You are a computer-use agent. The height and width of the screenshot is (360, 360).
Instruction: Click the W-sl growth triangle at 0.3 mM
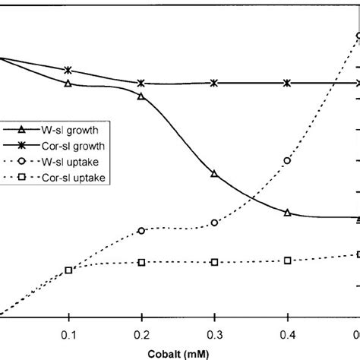[x=214, y=174]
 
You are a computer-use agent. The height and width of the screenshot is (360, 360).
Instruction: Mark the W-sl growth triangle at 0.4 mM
[x=287, y=213]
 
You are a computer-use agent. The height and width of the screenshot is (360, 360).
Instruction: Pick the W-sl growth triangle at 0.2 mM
[x=141, y=96]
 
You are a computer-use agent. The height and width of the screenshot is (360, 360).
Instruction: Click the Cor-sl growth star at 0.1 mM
[x=68, y=70]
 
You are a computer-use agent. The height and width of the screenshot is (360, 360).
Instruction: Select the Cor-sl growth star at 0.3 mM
[x=214, y=83]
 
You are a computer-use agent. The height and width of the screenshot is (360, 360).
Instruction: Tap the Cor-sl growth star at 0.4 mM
[x=287, y=83]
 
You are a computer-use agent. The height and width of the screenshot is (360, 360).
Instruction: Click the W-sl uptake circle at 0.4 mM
[x=287, y=160]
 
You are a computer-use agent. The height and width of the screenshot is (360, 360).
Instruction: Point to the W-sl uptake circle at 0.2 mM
[x=141, y=231]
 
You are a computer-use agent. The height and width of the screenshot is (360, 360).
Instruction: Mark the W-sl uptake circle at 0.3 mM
[x=214, y=223]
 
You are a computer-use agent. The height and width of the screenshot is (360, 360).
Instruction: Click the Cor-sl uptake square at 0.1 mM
[x=68, y=270]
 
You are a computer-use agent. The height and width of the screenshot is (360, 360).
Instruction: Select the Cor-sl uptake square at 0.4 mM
[x=287, y=261]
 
